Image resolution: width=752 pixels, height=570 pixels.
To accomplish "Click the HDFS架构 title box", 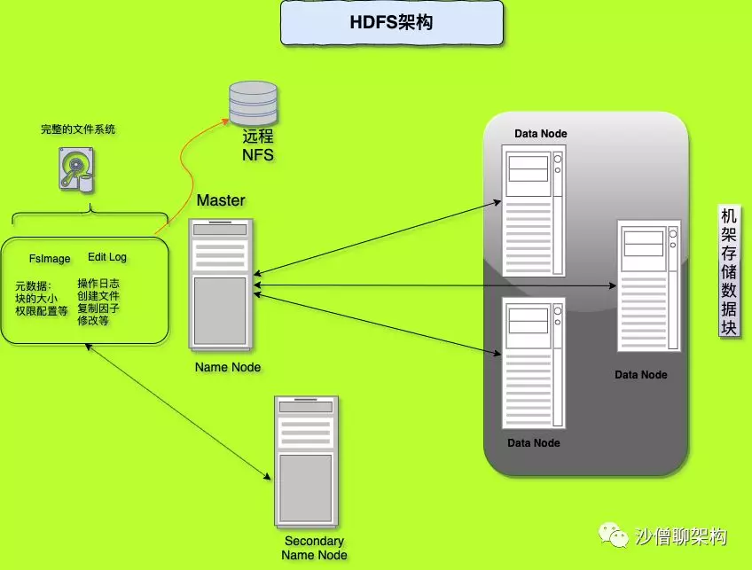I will [391, 23].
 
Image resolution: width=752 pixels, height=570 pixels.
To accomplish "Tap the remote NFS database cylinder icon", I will [252, 105].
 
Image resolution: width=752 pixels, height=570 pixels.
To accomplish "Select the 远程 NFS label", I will [258, 146].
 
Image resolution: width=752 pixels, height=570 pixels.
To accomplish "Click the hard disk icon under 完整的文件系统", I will [77, 169].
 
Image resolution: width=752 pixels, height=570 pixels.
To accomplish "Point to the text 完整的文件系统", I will [78, 129].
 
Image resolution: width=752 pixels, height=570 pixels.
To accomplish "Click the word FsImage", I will [50, 259].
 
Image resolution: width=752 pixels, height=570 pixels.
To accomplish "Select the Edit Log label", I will [107, 257].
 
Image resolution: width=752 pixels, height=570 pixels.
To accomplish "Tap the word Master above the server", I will [221, 200].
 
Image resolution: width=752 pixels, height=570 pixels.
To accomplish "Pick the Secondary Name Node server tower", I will [306, 462].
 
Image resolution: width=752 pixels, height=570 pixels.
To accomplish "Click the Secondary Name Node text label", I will [314, 548].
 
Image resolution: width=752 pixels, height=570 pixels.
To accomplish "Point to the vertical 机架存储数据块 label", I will [729, 272].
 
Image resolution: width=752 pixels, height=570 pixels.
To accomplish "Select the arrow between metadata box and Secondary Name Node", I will [178, 412].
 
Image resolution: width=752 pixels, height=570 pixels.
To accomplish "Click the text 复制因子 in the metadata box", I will [98, 308].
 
